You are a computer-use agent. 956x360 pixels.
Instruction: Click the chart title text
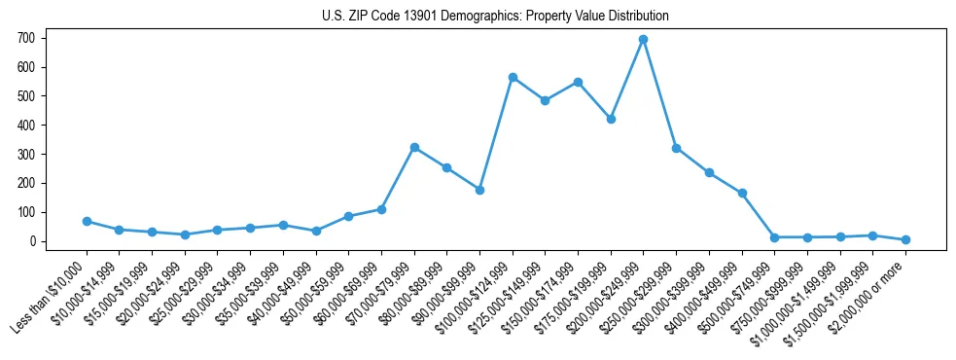coord(495,16)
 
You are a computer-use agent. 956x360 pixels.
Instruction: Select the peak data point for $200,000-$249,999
coord(643,39)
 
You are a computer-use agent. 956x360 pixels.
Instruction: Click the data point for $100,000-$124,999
coord(512,77)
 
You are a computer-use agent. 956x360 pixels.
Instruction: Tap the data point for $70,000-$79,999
coord(414,147)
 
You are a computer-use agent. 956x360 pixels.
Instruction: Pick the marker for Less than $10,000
coord(87,221)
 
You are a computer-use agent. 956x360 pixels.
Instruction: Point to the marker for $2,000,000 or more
coord(905,239)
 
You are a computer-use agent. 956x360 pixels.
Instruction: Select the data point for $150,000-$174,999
coord(578,82)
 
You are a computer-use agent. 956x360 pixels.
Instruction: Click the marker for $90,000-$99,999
coord(479,190)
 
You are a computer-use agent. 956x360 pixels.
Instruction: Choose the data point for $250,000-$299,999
coord(676,148)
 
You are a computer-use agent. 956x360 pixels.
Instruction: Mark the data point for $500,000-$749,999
coord(774,237)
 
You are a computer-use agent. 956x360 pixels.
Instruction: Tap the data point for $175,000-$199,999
coord(611,119)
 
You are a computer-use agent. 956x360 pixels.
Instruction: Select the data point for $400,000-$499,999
coord(742,193)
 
